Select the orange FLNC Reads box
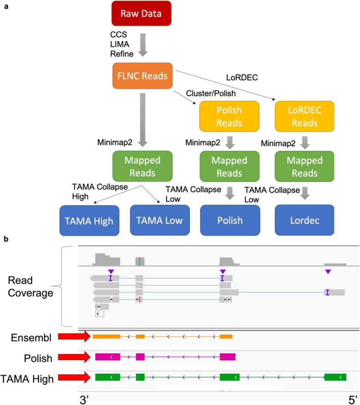142,76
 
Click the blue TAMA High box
89,220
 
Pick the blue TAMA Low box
160,220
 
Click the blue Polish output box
230,220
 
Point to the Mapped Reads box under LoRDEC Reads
305,166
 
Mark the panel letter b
5,239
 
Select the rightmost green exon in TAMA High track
335,377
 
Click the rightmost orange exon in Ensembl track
226,336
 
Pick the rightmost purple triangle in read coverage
328,272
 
